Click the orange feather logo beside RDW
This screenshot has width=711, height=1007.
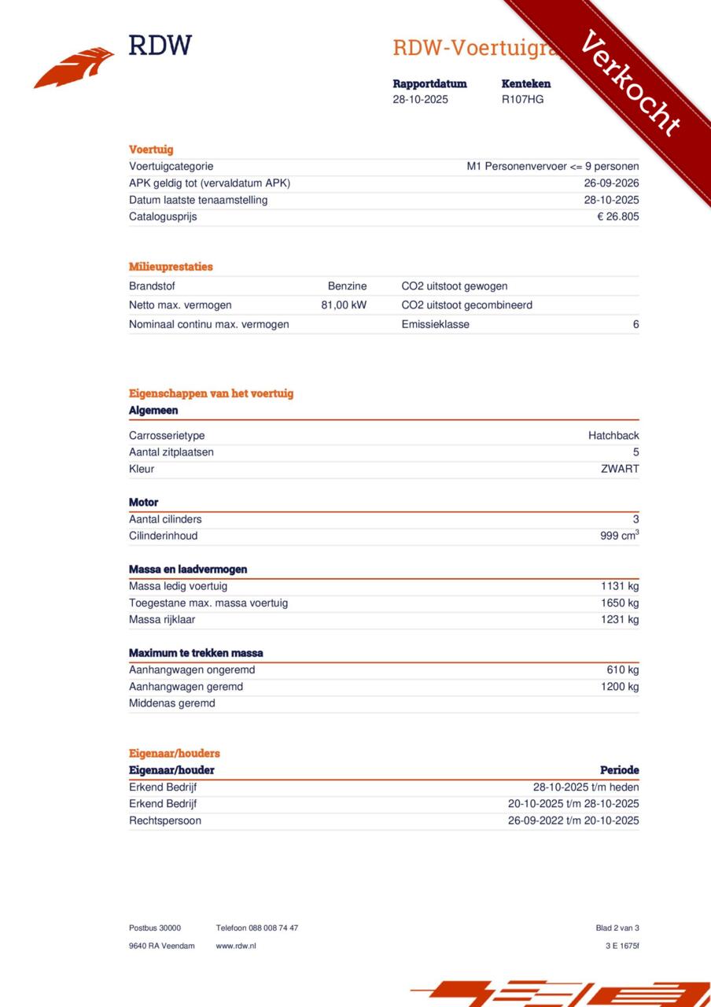click(74, 68)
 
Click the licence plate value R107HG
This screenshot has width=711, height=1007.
click(522, 99)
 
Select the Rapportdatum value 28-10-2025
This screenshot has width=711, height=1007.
click(420, 99)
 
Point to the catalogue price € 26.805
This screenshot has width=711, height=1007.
click(617, 216)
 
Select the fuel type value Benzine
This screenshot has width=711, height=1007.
click(347, 286)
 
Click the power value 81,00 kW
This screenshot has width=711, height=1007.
click(344, 305)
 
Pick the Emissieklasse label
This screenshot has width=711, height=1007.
click(435, 324)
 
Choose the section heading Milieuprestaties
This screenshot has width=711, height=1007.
click(171, 267)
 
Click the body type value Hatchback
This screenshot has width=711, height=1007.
click(613, 436)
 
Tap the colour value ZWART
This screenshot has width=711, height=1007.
click(620, 469)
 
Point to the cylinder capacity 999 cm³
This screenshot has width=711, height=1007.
click(619, 536)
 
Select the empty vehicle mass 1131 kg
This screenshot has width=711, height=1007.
click(620, 586)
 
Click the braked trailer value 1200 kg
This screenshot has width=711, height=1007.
click(620, 687)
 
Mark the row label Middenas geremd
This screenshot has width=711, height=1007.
click(171, 703)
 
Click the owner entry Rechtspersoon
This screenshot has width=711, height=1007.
click(165, 821)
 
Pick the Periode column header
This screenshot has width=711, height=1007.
click(619, 770)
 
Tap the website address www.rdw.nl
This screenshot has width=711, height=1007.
click(236, 946)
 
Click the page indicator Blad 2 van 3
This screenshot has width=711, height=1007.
click(617, 928)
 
